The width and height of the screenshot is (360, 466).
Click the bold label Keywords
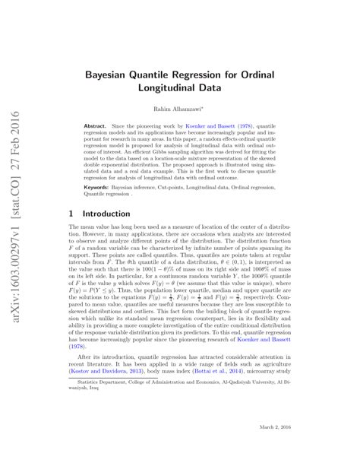97,185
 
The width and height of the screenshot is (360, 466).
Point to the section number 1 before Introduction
71,214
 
